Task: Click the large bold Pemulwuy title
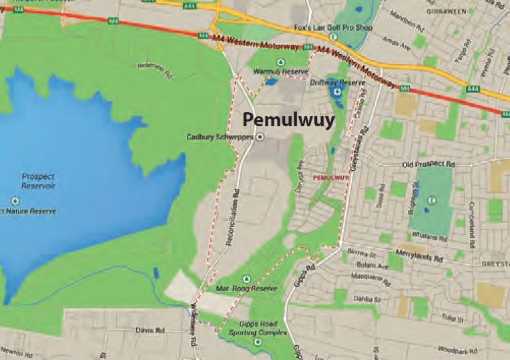click(x=288, y=120)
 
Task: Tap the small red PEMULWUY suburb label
click(x=331, y=178)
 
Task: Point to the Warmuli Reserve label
click(x=285, y=71)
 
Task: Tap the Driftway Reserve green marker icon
click(x=337, y=92)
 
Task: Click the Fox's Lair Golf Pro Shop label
click(x=324, y=28)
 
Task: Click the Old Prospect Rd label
click(x=428, y=164)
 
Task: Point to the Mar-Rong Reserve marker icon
click(x=246, y=279)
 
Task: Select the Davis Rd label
click(x=150, y=330)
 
